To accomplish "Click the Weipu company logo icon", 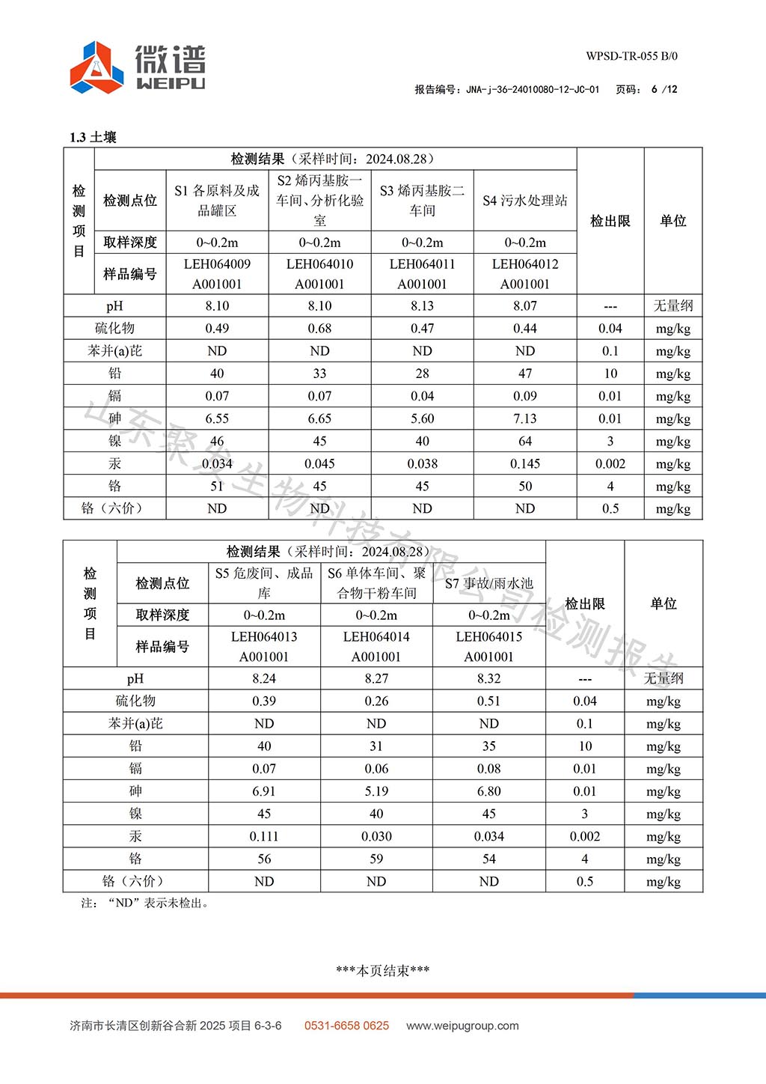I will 96,67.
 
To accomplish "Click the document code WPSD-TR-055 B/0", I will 631,56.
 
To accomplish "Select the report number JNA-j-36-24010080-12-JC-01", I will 532,89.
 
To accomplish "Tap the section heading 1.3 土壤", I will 93,137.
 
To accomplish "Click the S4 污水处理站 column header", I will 524,201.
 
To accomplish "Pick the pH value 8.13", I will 422,305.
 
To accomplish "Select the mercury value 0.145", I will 524,463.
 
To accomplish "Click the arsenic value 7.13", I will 524,418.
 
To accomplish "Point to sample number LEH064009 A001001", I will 217,274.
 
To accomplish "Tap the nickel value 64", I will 524,441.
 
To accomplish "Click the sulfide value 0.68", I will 319,328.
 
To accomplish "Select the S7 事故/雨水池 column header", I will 488,583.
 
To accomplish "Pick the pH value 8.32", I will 488,678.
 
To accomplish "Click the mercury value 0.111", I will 264,836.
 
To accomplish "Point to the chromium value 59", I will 376,859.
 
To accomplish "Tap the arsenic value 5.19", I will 376,791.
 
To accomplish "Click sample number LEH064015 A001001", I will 488,647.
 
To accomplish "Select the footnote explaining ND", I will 145,903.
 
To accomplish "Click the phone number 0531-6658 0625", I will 346,1026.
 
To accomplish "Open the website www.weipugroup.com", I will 462,1026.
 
